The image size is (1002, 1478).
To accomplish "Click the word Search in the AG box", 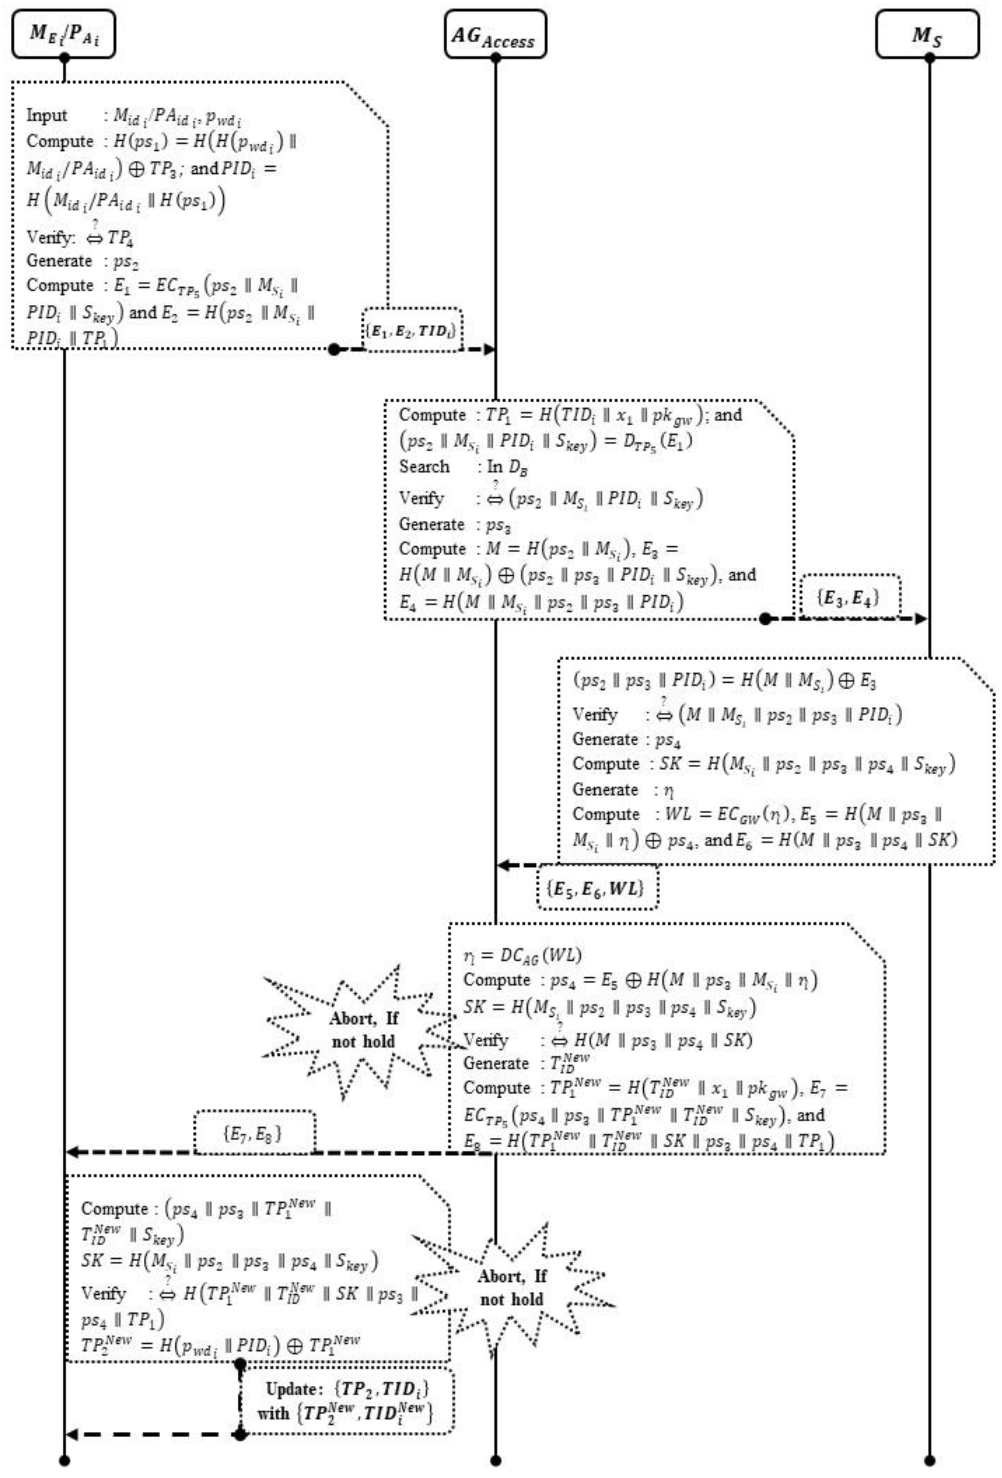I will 424,467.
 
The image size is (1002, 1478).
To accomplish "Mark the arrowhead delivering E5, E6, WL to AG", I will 504,865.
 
